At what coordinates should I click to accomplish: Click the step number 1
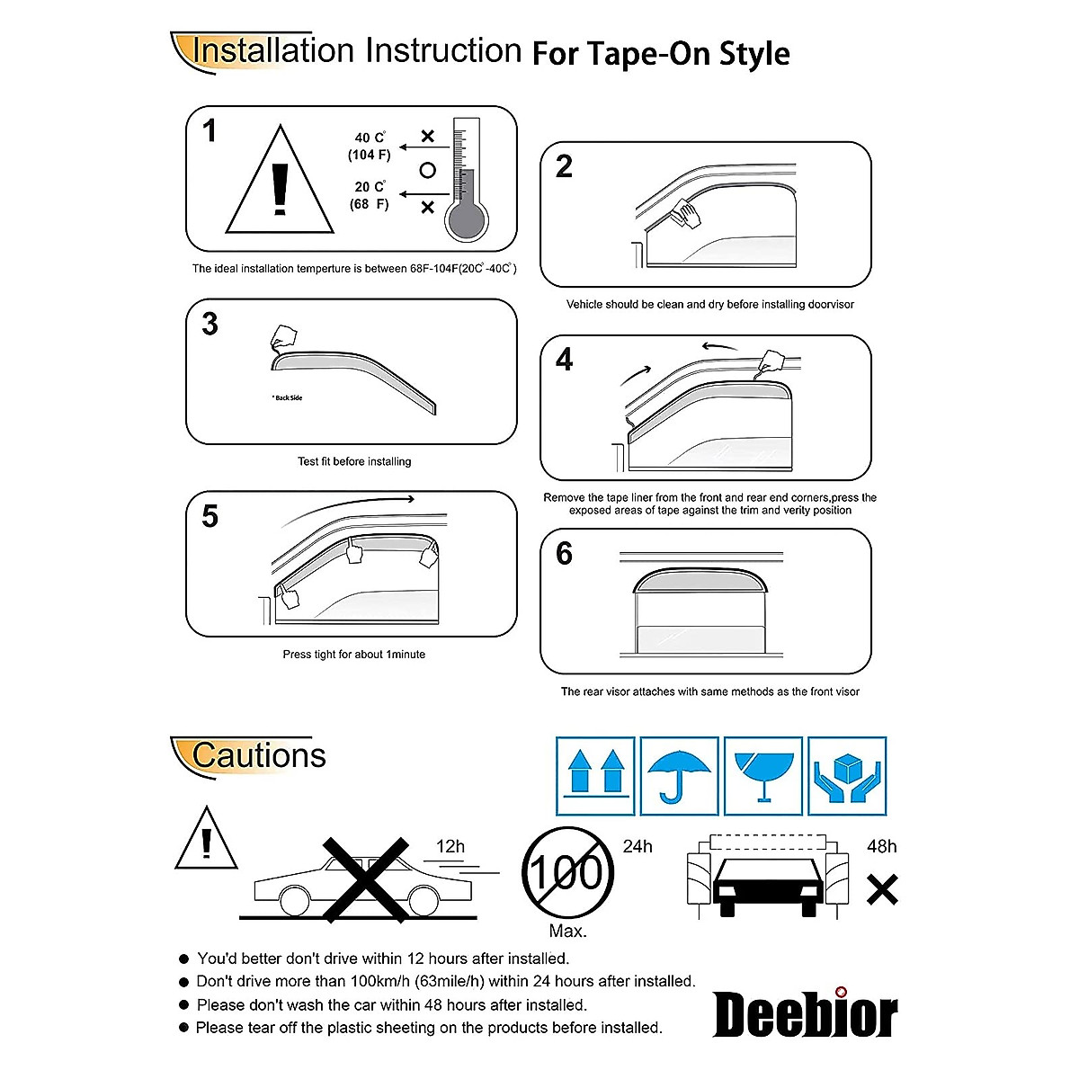pos(210,131)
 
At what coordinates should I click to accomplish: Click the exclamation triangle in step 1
pos(280,184)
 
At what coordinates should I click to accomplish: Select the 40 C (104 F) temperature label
pos(370,147)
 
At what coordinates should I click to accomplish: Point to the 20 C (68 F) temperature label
pos(370,195)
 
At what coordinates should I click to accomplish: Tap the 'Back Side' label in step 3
pos(288,397)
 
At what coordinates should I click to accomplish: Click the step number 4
pos(564,360)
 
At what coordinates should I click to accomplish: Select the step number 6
pos(564,553)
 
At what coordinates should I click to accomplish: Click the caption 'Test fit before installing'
pos(354,461)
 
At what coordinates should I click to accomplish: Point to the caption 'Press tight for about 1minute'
pos(353,655)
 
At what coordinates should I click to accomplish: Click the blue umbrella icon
pos(679,776)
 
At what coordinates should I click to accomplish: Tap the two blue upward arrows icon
pos(595,776)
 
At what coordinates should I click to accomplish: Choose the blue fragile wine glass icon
pos(763,776)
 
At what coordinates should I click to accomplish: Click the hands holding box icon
pos(847,776)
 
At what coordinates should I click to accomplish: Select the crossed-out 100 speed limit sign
pos(567,872)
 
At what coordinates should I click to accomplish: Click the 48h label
pos(881,846)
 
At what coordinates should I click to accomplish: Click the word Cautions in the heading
pos(259,755)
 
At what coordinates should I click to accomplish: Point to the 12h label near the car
pos(450,846)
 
